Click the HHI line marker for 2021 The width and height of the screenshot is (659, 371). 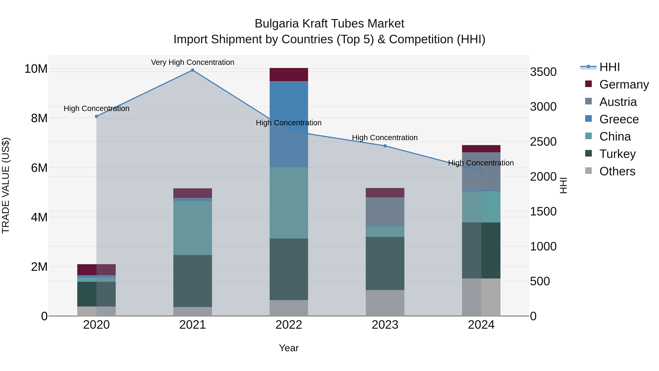click(x=193, y=70)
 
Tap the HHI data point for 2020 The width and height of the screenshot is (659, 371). click(x=96, y=116)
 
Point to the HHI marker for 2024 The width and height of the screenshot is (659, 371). click(x=481, y=171)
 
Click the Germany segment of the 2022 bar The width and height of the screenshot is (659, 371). click(x=289, y=75)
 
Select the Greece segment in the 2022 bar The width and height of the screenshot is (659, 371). click(x=289, y=102)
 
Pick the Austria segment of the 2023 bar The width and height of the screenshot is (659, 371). click(x=385, y=212)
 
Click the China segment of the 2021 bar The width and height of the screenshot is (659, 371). click(x=193, y=228)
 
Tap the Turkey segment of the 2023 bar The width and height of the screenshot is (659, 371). click(x=385, y=263)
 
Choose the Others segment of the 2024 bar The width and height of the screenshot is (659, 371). click(x=481, y=297)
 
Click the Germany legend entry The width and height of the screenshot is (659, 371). click(x=624, y=84)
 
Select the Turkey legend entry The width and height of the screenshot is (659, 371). click(x=617, y=154)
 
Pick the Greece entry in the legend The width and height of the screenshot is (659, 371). click(x=619, y=119)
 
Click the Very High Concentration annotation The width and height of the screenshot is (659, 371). click(x=193, y=62)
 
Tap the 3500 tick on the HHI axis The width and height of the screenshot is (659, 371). click(x=543, y=72)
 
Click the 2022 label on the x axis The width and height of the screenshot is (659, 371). click(x=289, y=325)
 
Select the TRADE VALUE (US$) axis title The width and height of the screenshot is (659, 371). click(x=6, y=185)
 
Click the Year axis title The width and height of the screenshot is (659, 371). click(x=289, y=348)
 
